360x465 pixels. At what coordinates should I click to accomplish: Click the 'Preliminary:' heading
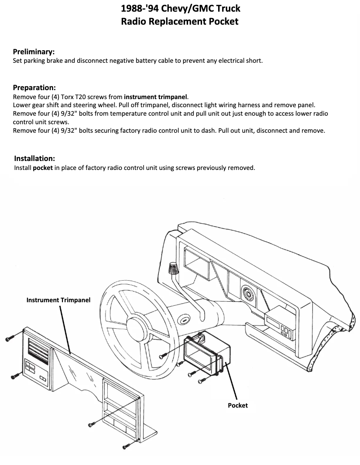click(34, 52)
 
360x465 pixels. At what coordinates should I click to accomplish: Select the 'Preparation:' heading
click(34, 87)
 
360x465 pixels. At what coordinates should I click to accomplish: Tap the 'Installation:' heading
click(35, 158)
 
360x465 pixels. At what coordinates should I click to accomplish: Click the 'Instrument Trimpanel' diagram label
click(58, 300)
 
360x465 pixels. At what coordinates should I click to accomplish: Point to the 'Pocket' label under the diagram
click(237, 405)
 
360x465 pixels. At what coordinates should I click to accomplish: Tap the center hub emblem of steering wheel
click(183, 320)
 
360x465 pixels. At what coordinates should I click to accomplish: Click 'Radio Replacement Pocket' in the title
click(180, 21)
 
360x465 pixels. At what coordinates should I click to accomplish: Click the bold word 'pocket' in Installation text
click(43, 168)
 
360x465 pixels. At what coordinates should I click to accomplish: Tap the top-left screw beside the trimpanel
click(10, 339)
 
